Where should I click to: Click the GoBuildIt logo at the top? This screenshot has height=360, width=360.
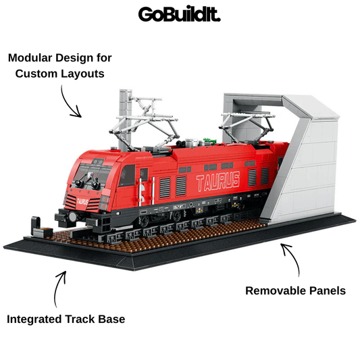coord(179,14)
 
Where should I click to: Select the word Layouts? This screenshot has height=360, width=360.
coord(82,74)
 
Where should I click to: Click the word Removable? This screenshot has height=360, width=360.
coord(276,290)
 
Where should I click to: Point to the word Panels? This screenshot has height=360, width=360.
coord(328,290)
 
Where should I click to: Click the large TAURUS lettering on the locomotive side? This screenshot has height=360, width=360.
coord(218,181)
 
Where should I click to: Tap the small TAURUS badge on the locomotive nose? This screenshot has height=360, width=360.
coord(82,201)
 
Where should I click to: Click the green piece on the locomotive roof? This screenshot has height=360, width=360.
coord(209,140)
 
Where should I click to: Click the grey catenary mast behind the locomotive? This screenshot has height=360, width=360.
coord(126,120)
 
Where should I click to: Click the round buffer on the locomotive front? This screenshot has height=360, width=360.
coord(72,217)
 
